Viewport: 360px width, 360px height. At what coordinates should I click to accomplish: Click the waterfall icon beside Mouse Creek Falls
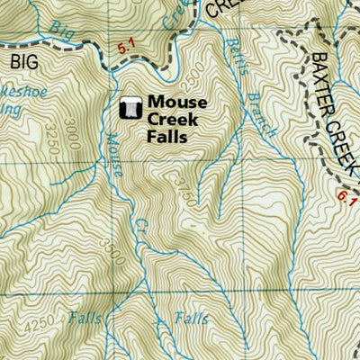pos(130,109)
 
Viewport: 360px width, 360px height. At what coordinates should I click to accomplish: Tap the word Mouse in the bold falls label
pos(176,103)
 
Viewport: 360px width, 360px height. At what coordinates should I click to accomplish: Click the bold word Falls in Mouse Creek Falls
pos(167,138)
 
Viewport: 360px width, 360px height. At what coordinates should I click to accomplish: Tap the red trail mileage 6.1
pos(349,202)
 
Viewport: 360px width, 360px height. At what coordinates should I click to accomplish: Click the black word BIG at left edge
pos(26,61)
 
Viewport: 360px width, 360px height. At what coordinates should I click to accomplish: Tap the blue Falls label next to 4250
pos(85,318)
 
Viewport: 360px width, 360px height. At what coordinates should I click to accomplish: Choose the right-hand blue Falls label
pos(191,319)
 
